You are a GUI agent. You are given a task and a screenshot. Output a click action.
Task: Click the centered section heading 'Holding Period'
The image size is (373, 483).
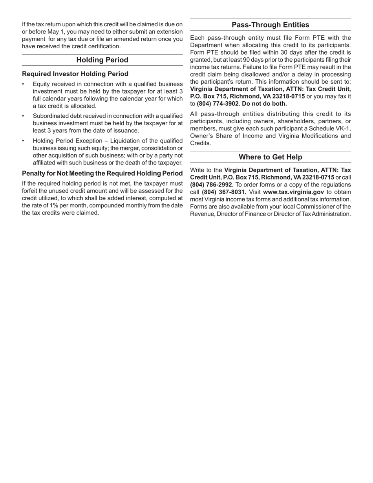(x=102, y=60)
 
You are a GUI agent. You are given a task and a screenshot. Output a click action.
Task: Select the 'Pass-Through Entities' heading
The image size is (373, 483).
(x=270, y=25)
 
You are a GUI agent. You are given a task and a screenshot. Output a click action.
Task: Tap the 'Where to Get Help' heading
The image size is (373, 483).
(x=270, y=157)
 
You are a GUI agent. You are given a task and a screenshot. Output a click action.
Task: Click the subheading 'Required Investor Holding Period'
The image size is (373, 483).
(x=75, y=74)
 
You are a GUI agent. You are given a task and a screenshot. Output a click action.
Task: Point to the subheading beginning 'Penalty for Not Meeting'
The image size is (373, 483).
(x=102, y=173)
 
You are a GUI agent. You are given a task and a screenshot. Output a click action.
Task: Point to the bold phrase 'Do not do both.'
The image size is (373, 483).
(x=265, y=104)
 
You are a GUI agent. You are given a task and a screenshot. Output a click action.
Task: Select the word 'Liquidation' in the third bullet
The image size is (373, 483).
(x=126, y=141)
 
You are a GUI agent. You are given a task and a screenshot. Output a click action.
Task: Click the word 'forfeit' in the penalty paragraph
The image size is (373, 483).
(x=31, y=191)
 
